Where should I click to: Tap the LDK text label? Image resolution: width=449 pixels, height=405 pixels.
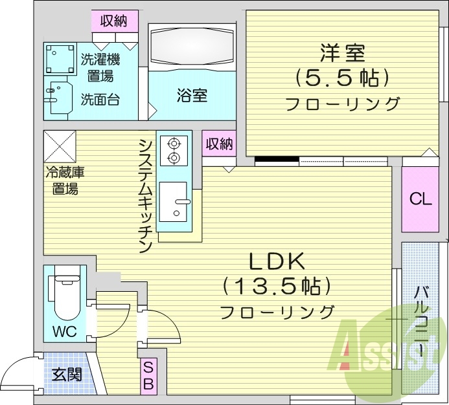click(x=277, y=262)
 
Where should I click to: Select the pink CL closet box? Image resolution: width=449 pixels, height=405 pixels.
click(x=420, y=199)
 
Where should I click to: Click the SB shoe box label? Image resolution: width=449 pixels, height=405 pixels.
click(x=148, y=375)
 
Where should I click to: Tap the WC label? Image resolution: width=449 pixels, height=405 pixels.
click(x=64, y=332)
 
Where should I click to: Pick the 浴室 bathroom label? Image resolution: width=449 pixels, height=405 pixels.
click(x=192, y=96)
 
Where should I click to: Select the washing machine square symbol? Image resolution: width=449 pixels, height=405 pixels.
click(x=60, y=58)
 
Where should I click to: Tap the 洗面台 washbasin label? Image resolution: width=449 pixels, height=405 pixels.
click(x=100, y=100)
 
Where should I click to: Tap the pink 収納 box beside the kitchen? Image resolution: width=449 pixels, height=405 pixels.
click(x=219, y=144)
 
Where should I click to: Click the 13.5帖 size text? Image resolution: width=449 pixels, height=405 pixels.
click(x=277, y=285)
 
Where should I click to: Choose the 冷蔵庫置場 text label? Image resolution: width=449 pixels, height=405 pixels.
click(x=65, y=181)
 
